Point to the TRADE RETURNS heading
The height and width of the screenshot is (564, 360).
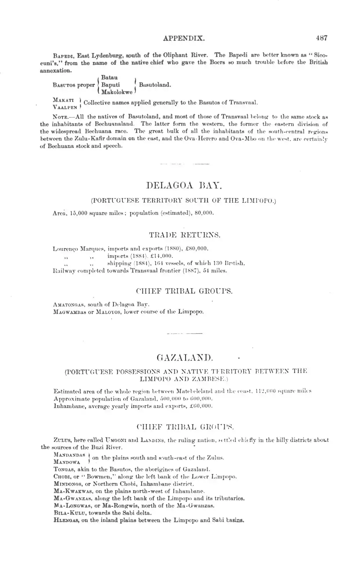[185, 235]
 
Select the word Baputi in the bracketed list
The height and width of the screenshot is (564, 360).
[111, 85]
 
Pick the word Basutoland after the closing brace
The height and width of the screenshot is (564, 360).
[155, 85]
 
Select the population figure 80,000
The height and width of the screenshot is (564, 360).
[204, 213]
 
